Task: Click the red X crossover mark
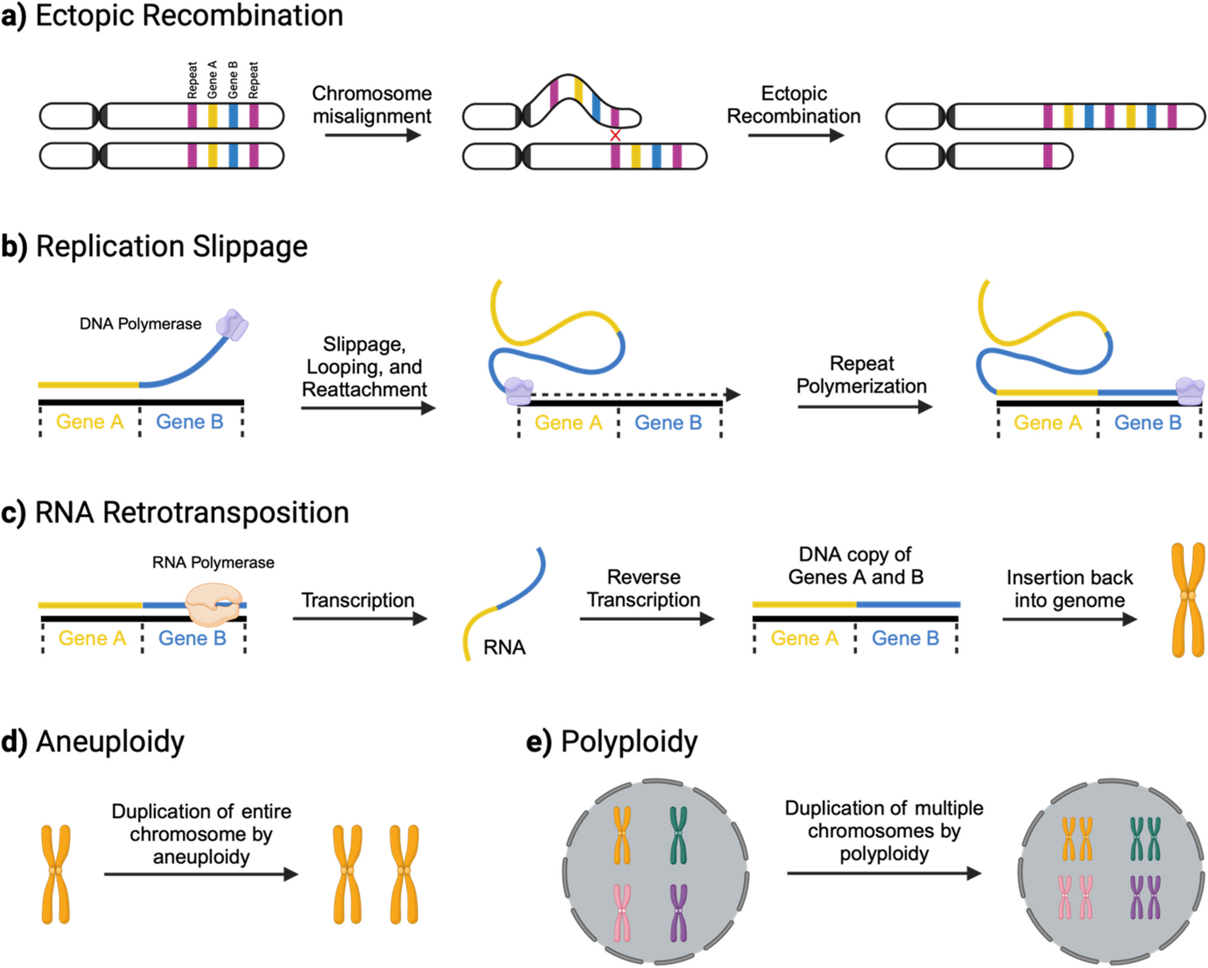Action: tap(615, 136)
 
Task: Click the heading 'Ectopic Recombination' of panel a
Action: tap(189, 16)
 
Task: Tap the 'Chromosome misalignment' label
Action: tap(372, 105)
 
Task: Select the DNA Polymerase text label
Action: tap(140, 324)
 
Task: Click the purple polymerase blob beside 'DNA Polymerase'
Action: tap(232, 325)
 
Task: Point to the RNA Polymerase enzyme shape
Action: tap(214, 604)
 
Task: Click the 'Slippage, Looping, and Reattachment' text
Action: tap(364, 367)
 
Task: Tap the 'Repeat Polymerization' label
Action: tap(861, 375)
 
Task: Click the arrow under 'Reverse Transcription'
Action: tap(646, 619)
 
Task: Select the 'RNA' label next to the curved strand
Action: tap(504, 647)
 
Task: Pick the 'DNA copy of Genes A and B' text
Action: tap(855, 565)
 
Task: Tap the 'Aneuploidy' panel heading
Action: tap(110, 741)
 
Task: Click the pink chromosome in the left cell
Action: tap(622, 912)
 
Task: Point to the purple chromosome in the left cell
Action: tap(678, 912)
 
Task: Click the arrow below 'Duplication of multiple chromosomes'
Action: tap(884, 873)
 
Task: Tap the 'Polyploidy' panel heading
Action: tap(628, 741)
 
